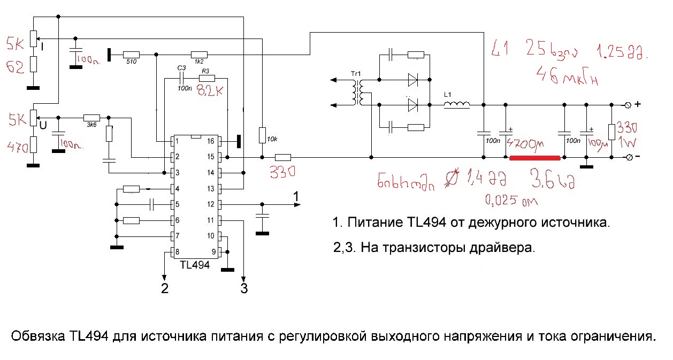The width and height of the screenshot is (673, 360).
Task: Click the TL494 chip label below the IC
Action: click(195, 265)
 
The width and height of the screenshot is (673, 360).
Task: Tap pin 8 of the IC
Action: click(174, 252)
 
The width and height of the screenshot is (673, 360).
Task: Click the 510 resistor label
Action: click(131, 62)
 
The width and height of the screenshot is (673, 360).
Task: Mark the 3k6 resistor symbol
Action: click(91, 117)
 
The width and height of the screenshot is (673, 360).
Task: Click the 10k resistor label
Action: click(272, 140)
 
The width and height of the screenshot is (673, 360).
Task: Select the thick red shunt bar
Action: click(534, 158)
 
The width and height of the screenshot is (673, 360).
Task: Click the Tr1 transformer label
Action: click(356, 73)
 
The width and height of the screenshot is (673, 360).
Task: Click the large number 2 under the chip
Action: click(165, 289)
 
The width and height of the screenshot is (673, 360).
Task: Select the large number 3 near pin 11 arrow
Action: click(244, 289)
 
